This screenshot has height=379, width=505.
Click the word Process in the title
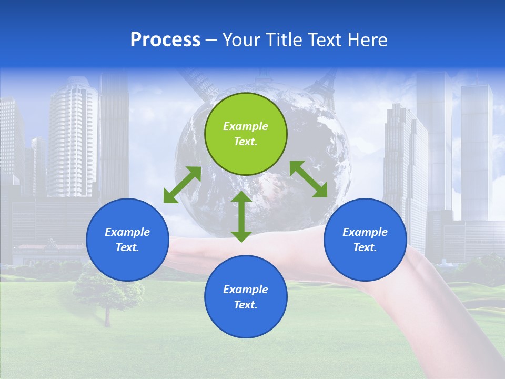pyautogui.click(x=165, y=40)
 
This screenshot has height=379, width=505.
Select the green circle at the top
pyautogui.click(x=246, y=134)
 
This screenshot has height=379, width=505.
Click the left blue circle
pyautogui.click(x=127, y=240)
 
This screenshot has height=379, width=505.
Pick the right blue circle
pyautogui.click(x=365, y=240)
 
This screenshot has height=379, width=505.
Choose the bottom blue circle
pyautogui.click(x=246, y=296)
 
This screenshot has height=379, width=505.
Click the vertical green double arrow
pyautogui.click(x=241, y=216)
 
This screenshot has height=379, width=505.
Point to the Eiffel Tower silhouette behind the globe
pyautogui.click(x=324, y=84)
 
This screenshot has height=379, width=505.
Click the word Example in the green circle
pyautogui.click(x=246, y=126)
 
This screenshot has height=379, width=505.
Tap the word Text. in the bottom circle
pyautogui.click(x=246, y=305)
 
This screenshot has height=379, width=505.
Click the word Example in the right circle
pyautogui.click(x=365, y=232)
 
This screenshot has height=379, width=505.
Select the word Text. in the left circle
pyautogui.click(x=127, y=247)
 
